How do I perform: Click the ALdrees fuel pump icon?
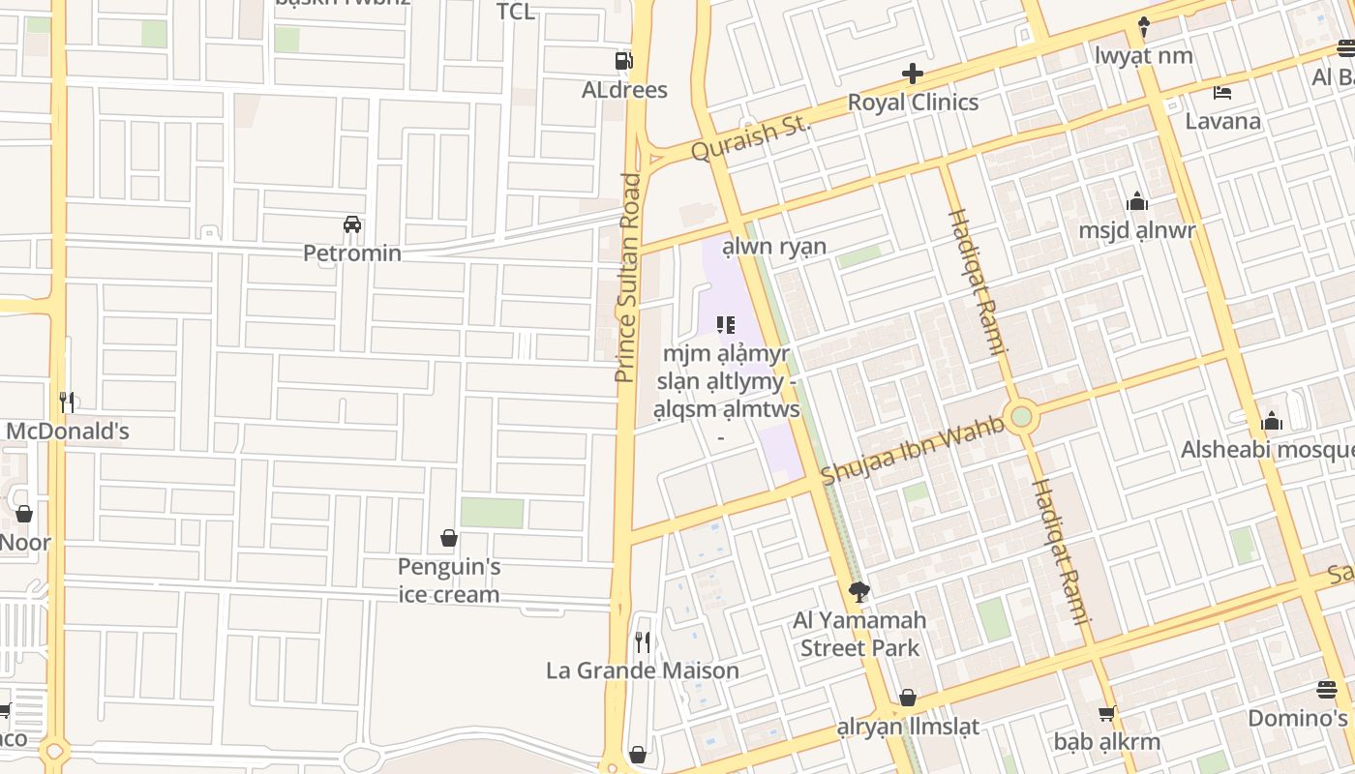click(x=623, y=61)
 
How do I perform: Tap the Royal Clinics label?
click(x=913, y=103)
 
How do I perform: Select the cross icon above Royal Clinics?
click(x=912, y=74)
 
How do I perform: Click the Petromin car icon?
click(x=352, y=224)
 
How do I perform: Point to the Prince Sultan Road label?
click(x=629, y=278)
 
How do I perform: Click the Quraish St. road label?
click(x=750, y=138)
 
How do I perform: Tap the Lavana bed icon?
click(x=1222, y=93)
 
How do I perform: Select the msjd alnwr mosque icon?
click(x=1137, y=201)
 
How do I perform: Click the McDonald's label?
click(x=68, y=431)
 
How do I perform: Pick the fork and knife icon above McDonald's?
click(x=67, y=402)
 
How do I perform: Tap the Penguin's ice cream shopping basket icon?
click(x=449, y=538)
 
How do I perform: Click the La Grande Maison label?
click(x=643, y=670)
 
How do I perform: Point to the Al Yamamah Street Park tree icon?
click(x=858, y=591)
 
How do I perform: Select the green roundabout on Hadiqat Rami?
click(x=1021, y=418)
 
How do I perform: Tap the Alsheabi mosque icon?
click(x=1272, y=421)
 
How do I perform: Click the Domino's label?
click(x=1297, y=718)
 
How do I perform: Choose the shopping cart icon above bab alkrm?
click(x=1106, y=714)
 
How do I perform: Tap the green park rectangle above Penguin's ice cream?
click(x=492, y=513)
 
